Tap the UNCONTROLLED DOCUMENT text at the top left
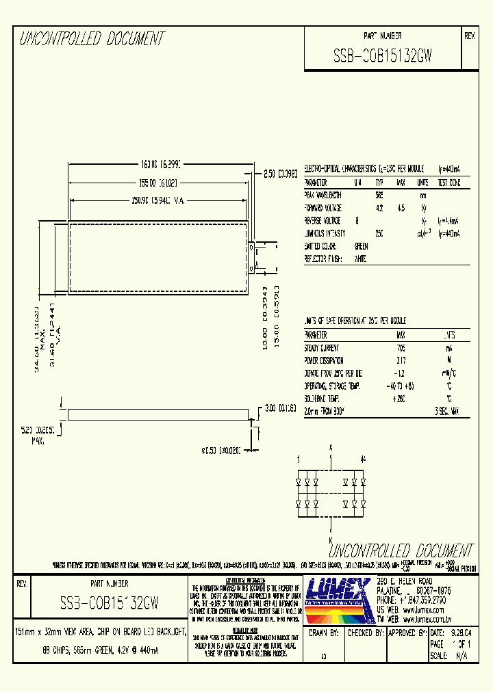[x=92, y=39]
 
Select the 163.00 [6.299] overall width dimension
[x=164, y=165]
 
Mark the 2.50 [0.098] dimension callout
[x=281, y=174]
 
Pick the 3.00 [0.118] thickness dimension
[x=281, y=408]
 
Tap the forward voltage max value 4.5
[x=401, y=208]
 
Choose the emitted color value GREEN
[x=360, y=246]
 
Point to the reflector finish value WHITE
[x=360, y=259]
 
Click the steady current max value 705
[x=401, y=348]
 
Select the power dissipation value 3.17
[x=401, y=360]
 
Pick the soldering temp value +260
[x=401, y=398]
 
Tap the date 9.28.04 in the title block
[x=459, y=633]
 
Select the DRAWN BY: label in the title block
[x=325, y=633]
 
